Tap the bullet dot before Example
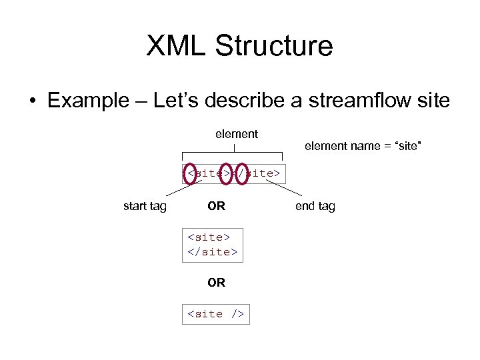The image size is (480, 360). click(32, 101)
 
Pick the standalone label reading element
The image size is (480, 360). click(236, 134)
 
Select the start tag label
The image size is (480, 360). click(145, 206)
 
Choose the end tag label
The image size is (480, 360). click(315, 206)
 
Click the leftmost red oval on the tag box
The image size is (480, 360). click(191, 173)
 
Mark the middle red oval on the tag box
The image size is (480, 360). click(227, 173)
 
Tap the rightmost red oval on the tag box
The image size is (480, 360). click(243, 173)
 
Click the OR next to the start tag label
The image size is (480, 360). click(216, 206)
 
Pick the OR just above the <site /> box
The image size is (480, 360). click(216, 282)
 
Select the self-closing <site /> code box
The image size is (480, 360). click(216, 313)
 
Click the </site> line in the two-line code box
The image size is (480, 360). click(212, 252)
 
